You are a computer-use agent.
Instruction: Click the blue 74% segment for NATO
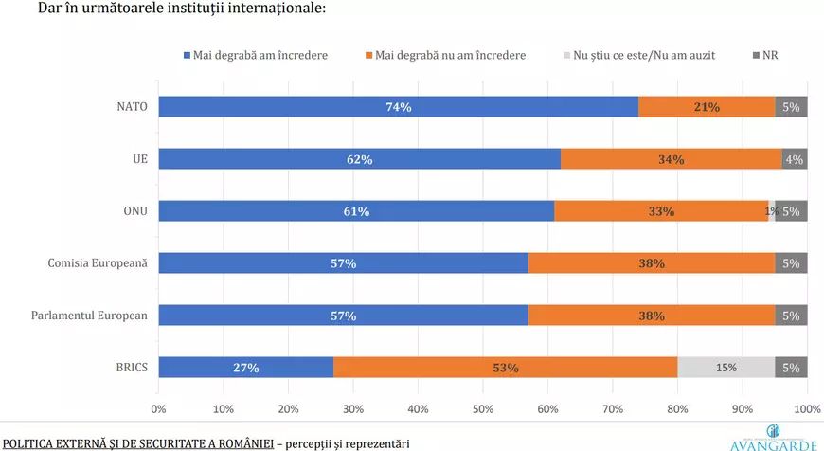click(x=399, y=107)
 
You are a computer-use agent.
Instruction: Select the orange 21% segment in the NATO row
click(x=707, y=107)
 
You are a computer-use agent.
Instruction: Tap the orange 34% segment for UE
click(x=672, y=159)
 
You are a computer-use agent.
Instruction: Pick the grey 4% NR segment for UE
click(x=795, y=159)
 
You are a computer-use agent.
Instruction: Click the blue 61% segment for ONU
click(x=356, y=210)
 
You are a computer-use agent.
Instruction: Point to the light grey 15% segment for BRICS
click(x=726, y=368)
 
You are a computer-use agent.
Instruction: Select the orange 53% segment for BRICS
click(x=506, y=368)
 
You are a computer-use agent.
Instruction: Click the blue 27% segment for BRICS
click(x=246, y=368)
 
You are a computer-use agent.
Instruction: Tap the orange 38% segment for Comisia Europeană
click(x=652, y=262)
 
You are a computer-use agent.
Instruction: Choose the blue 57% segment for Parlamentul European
click(x=343, y=316)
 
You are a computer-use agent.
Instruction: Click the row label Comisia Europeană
click(x=98, y=262)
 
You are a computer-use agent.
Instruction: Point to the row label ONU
click(x=135, y=210)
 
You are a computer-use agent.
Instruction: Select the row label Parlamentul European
click(x=89, y=316)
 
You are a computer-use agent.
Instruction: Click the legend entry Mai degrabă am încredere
click(x=256, y=55)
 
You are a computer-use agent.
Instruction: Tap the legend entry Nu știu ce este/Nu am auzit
click(x=639, y=55)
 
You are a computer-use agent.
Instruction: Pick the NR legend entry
click(x=765, y=55)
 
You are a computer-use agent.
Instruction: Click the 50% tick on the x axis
click(x=483, y=409)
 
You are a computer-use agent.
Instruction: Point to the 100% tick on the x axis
click(x=808, y=409)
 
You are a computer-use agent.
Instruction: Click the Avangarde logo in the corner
click(x=773, y=439)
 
